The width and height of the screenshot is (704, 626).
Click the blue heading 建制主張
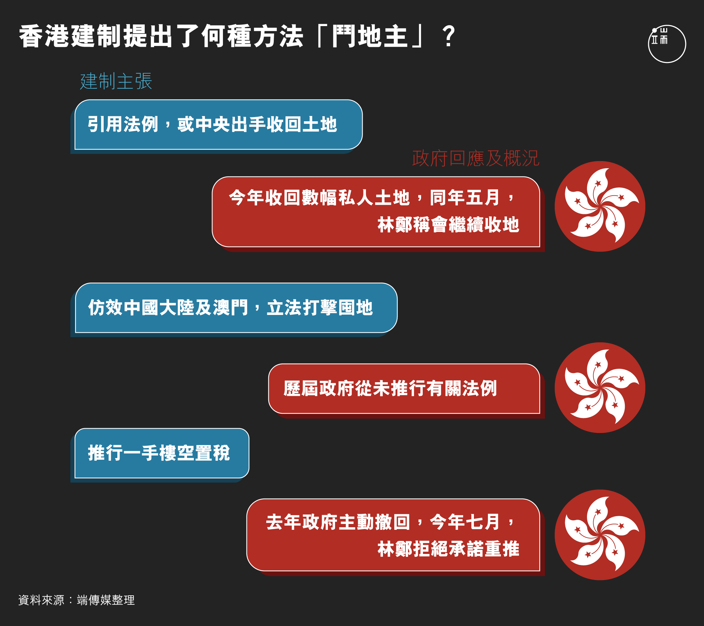point(116,81)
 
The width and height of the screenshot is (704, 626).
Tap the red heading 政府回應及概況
point(476,158)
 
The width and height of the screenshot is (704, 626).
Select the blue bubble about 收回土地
point(218,125)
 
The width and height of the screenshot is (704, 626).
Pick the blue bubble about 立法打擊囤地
point(236,308)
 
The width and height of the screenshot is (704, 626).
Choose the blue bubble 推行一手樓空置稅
point(162,453)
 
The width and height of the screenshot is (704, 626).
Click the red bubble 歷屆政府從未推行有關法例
point(404,389)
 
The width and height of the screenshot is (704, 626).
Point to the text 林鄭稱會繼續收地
point(448,225)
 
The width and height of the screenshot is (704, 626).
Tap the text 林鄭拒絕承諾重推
point(448,549)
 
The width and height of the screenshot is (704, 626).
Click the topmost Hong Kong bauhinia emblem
point(600,206)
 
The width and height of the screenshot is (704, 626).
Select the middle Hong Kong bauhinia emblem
point(600,388)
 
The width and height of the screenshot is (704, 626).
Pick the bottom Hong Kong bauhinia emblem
point(600,535)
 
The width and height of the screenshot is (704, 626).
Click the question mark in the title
point(449,37)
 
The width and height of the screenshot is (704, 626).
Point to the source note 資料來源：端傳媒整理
point(77,600)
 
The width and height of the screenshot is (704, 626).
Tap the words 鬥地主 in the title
point(370,36)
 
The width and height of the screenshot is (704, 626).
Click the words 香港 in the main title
point(45,36)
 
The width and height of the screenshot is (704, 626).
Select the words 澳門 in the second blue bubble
point(230,308)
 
